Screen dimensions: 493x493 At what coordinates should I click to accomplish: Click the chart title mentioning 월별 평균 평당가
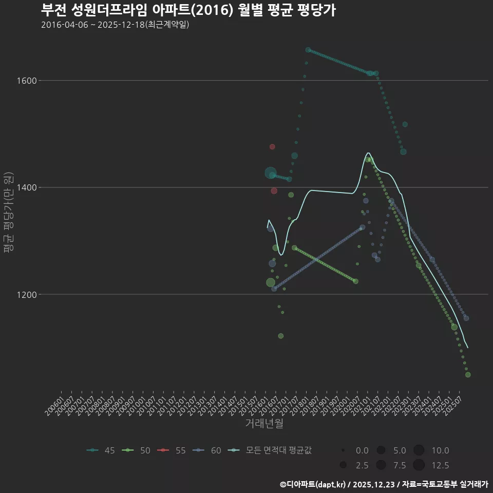click(188, 10)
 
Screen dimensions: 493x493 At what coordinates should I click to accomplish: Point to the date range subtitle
click(115, 25)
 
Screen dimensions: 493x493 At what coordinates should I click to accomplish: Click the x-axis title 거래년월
click(264, 423)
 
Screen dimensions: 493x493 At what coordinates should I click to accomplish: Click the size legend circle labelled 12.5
click(419, 465)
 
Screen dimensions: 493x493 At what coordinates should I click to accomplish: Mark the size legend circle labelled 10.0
click(419, 450)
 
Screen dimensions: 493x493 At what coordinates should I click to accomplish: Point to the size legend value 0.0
click(362, 450)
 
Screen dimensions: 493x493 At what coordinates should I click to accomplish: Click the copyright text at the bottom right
click(384, 484)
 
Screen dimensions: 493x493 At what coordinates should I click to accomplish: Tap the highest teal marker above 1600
click(308, 50)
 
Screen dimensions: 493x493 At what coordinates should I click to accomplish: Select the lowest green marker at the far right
click(468, 375)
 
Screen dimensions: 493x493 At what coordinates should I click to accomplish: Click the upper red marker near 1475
click(272, 147)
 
